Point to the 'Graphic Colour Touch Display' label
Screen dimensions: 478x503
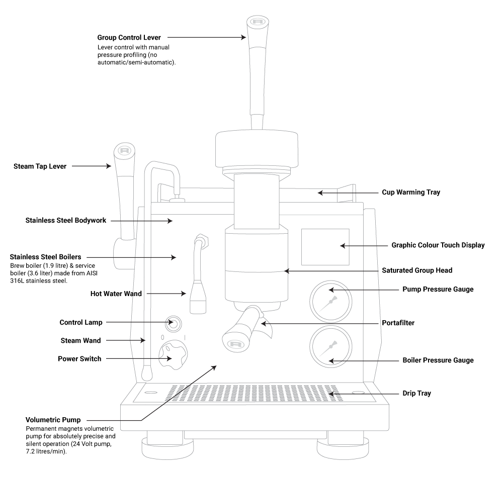click(438, 246)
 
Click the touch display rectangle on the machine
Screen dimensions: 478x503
click(325, 246)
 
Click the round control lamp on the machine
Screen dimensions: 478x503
click(174, 324)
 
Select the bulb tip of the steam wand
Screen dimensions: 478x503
click(146, 373)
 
